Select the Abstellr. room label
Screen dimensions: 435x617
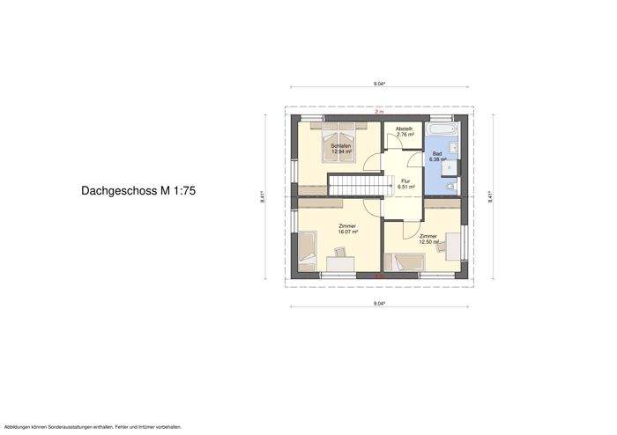click(405, 129)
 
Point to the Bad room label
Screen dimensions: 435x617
click(436, 153)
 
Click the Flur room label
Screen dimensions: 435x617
click(406, 181)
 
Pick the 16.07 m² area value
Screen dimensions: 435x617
click(348, 232)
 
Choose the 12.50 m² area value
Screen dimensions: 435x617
click(428, 241)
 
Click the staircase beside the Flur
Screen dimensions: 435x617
click(354, 186)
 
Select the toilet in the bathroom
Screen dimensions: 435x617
click(451, 188)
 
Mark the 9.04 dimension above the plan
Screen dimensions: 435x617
click(379, 84)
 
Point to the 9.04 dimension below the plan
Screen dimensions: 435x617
click(379, 304)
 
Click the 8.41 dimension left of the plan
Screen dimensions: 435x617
click(263, 197)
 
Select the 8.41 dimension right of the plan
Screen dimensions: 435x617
click(490, 197)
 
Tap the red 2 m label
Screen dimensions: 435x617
click(379, 112)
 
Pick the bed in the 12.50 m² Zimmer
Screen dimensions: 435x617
click(406, 262)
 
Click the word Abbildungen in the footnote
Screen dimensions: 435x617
click(19, 426)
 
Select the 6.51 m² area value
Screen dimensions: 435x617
click(406, 187)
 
